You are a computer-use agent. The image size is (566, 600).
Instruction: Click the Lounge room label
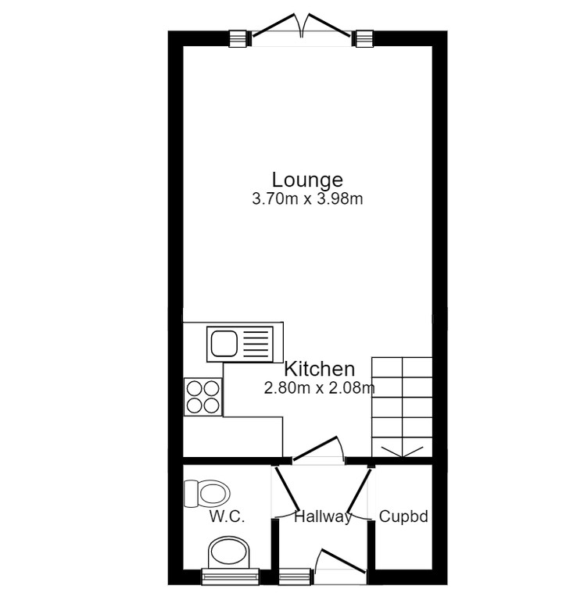(x=307, y=180)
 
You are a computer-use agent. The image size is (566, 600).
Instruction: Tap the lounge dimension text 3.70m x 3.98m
(x=307, y=199)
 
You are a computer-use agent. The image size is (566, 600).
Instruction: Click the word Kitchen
(x=320, y=370)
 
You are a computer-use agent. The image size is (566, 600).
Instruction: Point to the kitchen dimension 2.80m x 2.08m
(x=320, y=388)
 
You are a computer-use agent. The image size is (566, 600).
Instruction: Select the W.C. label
(x=227, y=516)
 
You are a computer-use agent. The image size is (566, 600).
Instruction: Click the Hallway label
(x=323, y=516)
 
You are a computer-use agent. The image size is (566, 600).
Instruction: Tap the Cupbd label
(x=403, y=516)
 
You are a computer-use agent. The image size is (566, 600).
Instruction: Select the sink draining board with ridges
(x=256, y=344)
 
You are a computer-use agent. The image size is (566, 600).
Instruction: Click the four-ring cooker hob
(x=203, y=396)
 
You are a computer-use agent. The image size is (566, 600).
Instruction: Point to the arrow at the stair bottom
(x=402, y=452)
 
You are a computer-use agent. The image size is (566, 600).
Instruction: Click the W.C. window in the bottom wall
(x=230, y=577)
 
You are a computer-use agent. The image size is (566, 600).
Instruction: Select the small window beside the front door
(x=295, y=577)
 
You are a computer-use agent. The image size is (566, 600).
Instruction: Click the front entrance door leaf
(x=343, y=562)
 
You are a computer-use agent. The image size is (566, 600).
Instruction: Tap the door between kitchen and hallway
(x=315, y=448)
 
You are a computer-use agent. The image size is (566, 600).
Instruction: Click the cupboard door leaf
(x=360, y=490)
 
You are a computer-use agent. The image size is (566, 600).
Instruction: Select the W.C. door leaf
(x=288, y=488)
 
